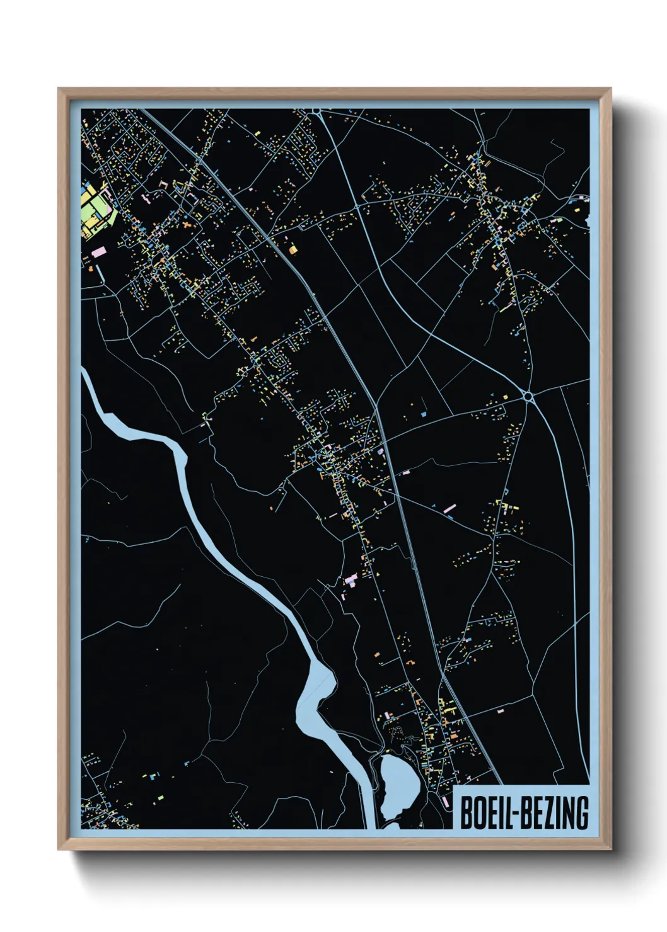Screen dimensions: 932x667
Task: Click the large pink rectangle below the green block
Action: pos(98,251)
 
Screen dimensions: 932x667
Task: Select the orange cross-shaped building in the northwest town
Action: pos(188,225)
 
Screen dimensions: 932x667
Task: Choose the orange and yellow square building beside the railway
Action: pos(293,249)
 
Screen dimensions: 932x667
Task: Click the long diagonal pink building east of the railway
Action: pos(449,508)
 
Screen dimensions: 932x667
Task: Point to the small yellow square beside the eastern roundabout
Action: pos(504,397)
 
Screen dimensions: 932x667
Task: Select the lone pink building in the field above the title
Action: pos(501,711)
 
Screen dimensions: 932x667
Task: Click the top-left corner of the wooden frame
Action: pos(59,89)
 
